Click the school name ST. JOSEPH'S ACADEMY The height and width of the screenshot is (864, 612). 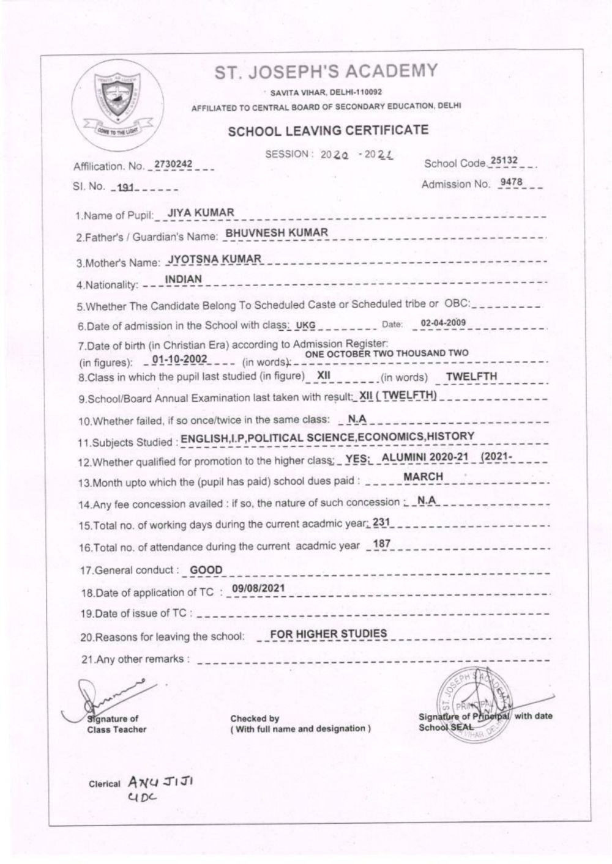pos(326,72)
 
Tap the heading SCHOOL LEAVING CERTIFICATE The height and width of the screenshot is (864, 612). pos(328,130)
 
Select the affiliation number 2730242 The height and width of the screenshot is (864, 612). pos(173,164)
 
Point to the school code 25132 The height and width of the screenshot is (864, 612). pos(504,161)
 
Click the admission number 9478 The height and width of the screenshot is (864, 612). pos(511,182)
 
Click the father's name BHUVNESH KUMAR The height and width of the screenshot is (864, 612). pos(277,232)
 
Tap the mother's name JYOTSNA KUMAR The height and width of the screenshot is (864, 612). pos(215,259)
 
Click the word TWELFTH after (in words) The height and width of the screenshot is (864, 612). pos(471,377)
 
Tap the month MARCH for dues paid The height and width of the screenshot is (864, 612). pos(424,476)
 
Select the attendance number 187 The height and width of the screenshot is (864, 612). pos(381,544)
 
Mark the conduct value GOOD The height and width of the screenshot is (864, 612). pos(206,570)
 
